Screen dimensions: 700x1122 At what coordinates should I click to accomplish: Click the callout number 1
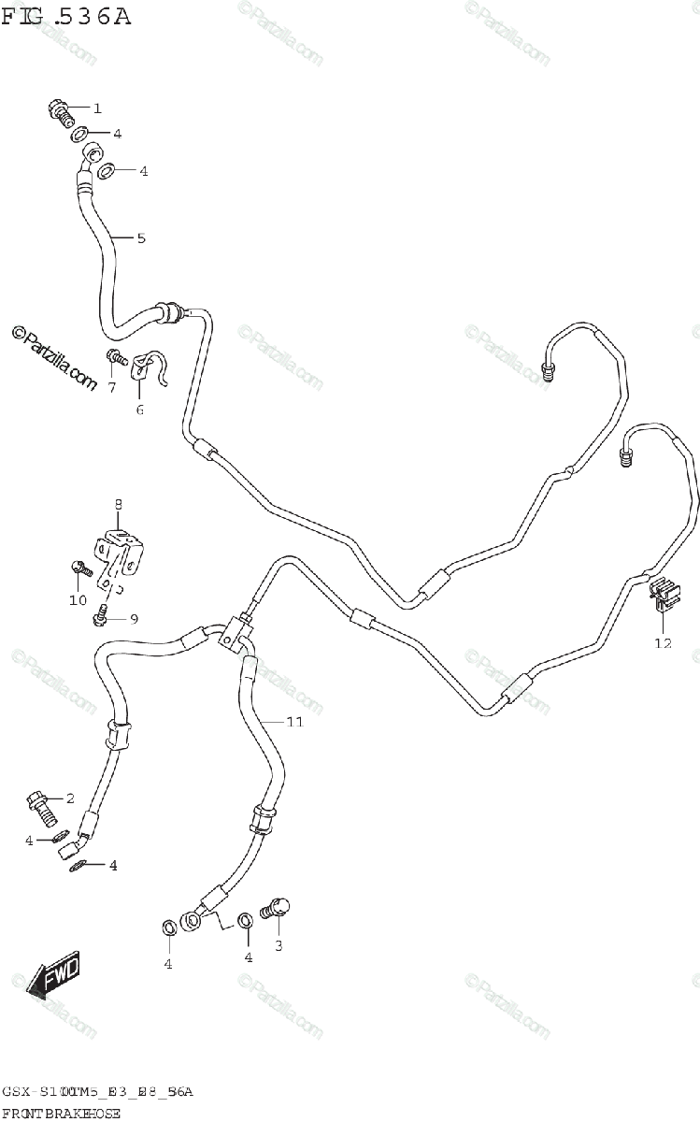click(97, 108)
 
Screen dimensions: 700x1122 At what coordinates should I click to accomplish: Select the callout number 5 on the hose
click(141, 238)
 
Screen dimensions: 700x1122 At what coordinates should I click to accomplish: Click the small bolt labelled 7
click(116, 355)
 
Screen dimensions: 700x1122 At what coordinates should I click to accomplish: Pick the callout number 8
click(119, 505)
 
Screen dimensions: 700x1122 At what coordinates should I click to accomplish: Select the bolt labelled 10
click(79, 566)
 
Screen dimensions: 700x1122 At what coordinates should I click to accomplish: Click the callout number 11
click(294, 722)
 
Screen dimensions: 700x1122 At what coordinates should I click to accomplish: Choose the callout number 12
click(663, 642)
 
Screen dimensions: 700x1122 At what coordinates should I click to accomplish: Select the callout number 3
click(278, 945)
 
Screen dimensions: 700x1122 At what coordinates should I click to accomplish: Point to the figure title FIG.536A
click(66, 16)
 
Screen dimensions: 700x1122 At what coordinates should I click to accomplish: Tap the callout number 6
click(140, 409)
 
